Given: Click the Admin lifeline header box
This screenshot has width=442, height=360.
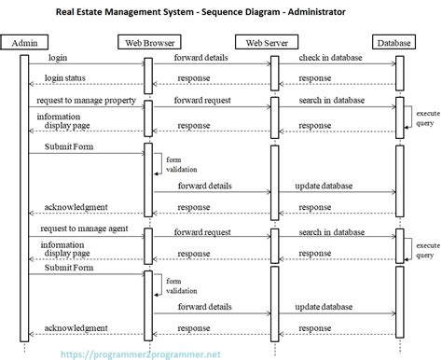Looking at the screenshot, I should pos(24,42).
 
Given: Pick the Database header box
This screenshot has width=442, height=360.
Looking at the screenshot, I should pos(398,42).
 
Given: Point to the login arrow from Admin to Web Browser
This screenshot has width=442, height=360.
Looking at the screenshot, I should pos(84,64).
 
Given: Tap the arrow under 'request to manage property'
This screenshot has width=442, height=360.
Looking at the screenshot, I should pos(84,106).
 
